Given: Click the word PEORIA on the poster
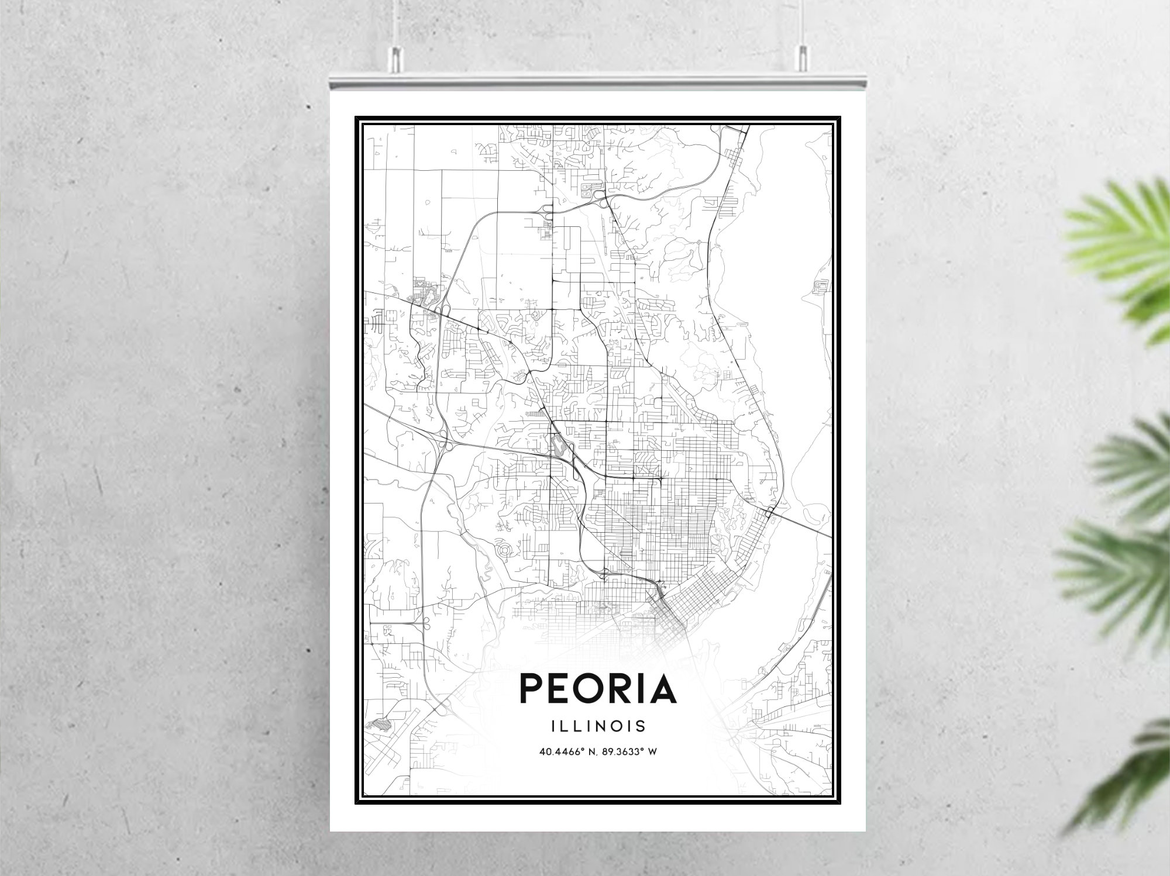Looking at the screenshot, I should [x=598, y=689].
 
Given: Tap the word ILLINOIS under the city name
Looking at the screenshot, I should [x=598, y=726].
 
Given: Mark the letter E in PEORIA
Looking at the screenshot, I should [x=561, y=689].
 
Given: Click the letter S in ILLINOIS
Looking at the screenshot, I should [x=641, y=726].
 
